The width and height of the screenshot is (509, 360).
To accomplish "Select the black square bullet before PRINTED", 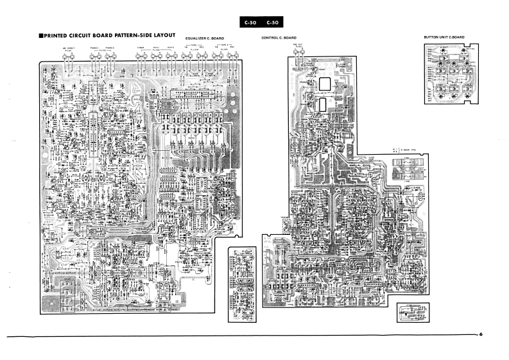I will point(41,35).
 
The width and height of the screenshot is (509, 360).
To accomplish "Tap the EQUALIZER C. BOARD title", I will point(204,39).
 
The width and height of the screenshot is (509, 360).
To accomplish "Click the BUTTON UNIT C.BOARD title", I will point(444,38).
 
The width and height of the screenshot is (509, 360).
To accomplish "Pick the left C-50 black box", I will point(250,23).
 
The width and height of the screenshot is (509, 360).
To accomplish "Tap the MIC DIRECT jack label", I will point(68,48).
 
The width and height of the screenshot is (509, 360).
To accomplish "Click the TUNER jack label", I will point(140,48).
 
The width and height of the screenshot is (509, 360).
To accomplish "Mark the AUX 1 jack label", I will point(156,48).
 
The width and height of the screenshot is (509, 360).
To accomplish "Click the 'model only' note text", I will point(407,151).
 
